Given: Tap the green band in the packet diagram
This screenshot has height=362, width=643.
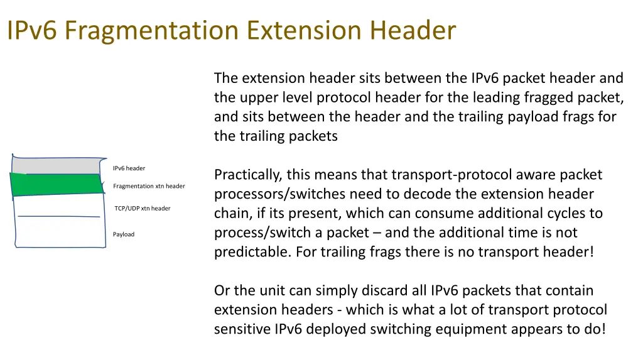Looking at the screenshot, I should (57, 184).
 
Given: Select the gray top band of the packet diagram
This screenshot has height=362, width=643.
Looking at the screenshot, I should (57, 165).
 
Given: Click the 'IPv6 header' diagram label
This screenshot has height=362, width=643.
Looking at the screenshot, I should (129, 168).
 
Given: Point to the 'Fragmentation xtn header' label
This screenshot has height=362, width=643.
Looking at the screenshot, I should (149, 186).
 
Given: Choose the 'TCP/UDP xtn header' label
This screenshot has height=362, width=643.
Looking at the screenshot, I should (143, 209).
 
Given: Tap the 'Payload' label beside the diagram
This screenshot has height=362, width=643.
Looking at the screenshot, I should (124, 234).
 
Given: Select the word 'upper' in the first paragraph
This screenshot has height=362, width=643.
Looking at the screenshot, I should (259, 98).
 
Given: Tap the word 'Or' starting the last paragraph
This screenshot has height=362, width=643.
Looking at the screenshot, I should (222, 291).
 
